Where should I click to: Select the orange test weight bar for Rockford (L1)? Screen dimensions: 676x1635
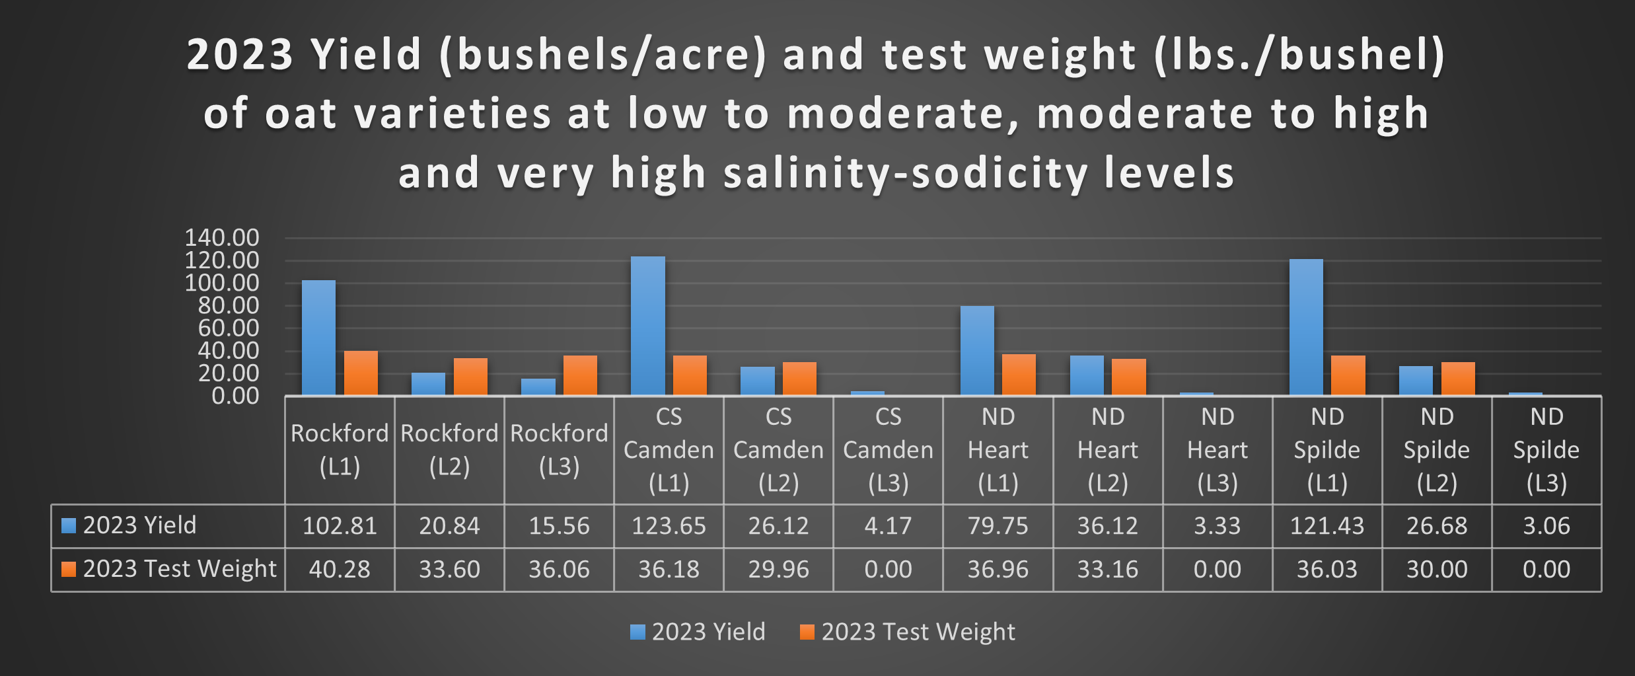[x=361, y=373]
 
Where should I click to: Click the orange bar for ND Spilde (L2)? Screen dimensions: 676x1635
[x=1458, y=379]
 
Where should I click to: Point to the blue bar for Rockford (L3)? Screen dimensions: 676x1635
[x=538, y=387]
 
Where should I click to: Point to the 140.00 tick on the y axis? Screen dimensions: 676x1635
[x=222, y=238]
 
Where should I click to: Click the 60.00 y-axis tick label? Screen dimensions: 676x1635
[x=229, y=328]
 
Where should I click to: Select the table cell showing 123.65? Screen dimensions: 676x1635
[x=669, y=526]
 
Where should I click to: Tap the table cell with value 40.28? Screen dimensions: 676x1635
[x=340, y=570]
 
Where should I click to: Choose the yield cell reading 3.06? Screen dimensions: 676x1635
[x=1546, y=526]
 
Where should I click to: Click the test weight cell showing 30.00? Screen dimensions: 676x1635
[x=1436, y=570]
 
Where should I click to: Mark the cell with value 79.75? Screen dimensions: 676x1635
[x=998, y=526]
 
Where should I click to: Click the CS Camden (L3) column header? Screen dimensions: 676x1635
[x=888, y=450]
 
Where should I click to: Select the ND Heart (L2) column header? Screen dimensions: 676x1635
[x=1107, y=450]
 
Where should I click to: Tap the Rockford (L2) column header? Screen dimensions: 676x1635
[x=449, y=450]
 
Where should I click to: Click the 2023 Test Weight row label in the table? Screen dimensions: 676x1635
[x=179, y=569]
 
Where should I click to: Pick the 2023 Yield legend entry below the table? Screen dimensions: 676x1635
[x=698, y=632]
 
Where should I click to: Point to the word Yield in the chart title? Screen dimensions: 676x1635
[x=366, y=54]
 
